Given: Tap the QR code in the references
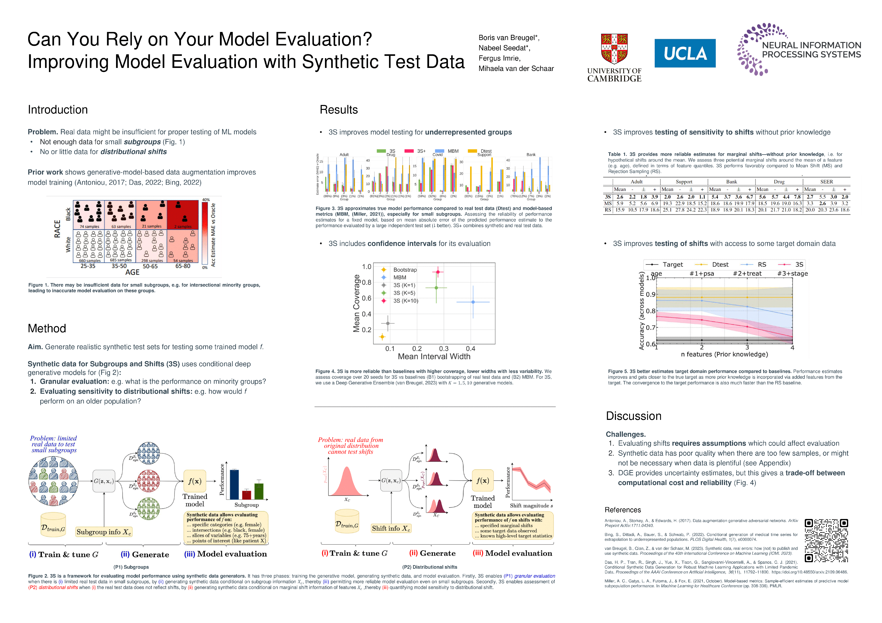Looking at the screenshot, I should click(x=826, y=540).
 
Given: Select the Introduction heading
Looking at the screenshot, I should click(x=58, y=110).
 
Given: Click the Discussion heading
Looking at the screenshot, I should click(x=633, y=416).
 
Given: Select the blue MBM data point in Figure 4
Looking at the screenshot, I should click(x=473, y=302).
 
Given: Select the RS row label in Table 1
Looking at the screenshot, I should click(x=608, y=210).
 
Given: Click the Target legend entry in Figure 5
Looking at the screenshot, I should click(x=672, y=265).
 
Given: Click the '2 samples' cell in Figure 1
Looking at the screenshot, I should click(x=183, y=215).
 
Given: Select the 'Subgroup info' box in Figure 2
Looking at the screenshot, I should click(x=104, y=532).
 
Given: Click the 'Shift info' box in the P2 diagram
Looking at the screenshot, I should click(x=391, y=528).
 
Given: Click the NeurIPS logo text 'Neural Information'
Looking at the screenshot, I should click(x=811, y=45).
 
